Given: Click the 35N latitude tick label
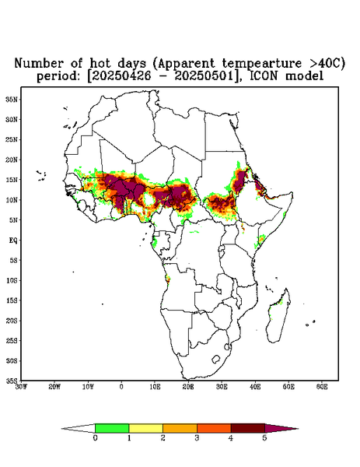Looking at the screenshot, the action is coord(12,99).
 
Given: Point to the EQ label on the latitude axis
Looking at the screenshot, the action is coord(12,240).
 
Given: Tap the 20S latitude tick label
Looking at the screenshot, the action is coord(12,321).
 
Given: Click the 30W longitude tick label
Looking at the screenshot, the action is coord(21,387).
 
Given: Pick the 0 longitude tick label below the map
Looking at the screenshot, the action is coord(121,387).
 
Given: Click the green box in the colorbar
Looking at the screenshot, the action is coord(112,428).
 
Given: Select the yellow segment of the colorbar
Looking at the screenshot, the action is coord(145,428).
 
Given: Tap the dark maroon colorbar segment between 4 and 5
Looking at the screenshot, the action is coord(248,428).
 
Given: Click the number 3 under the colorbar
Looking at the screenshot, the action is coord(197,438).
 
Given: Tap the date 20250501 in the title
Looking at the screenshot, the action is coord(204,76).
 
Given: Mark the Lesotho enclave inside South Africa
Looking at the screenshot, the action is coord(216,359).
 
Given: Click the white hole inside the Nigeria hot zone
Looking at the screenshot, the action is coord(149,199).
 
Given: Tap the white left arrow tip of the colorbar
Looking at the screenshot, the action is coord(79,428).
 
